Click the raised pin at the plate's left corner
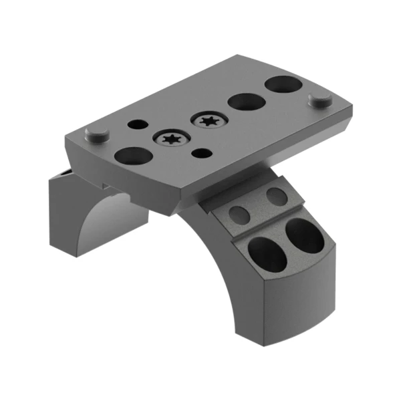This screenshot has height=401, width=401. click(x=98, y=134)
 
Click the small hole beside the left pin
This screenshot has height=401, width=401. click(x=136, y=124)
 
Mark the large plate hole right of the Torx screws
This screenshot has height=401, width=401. click(x=246, y=102)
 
